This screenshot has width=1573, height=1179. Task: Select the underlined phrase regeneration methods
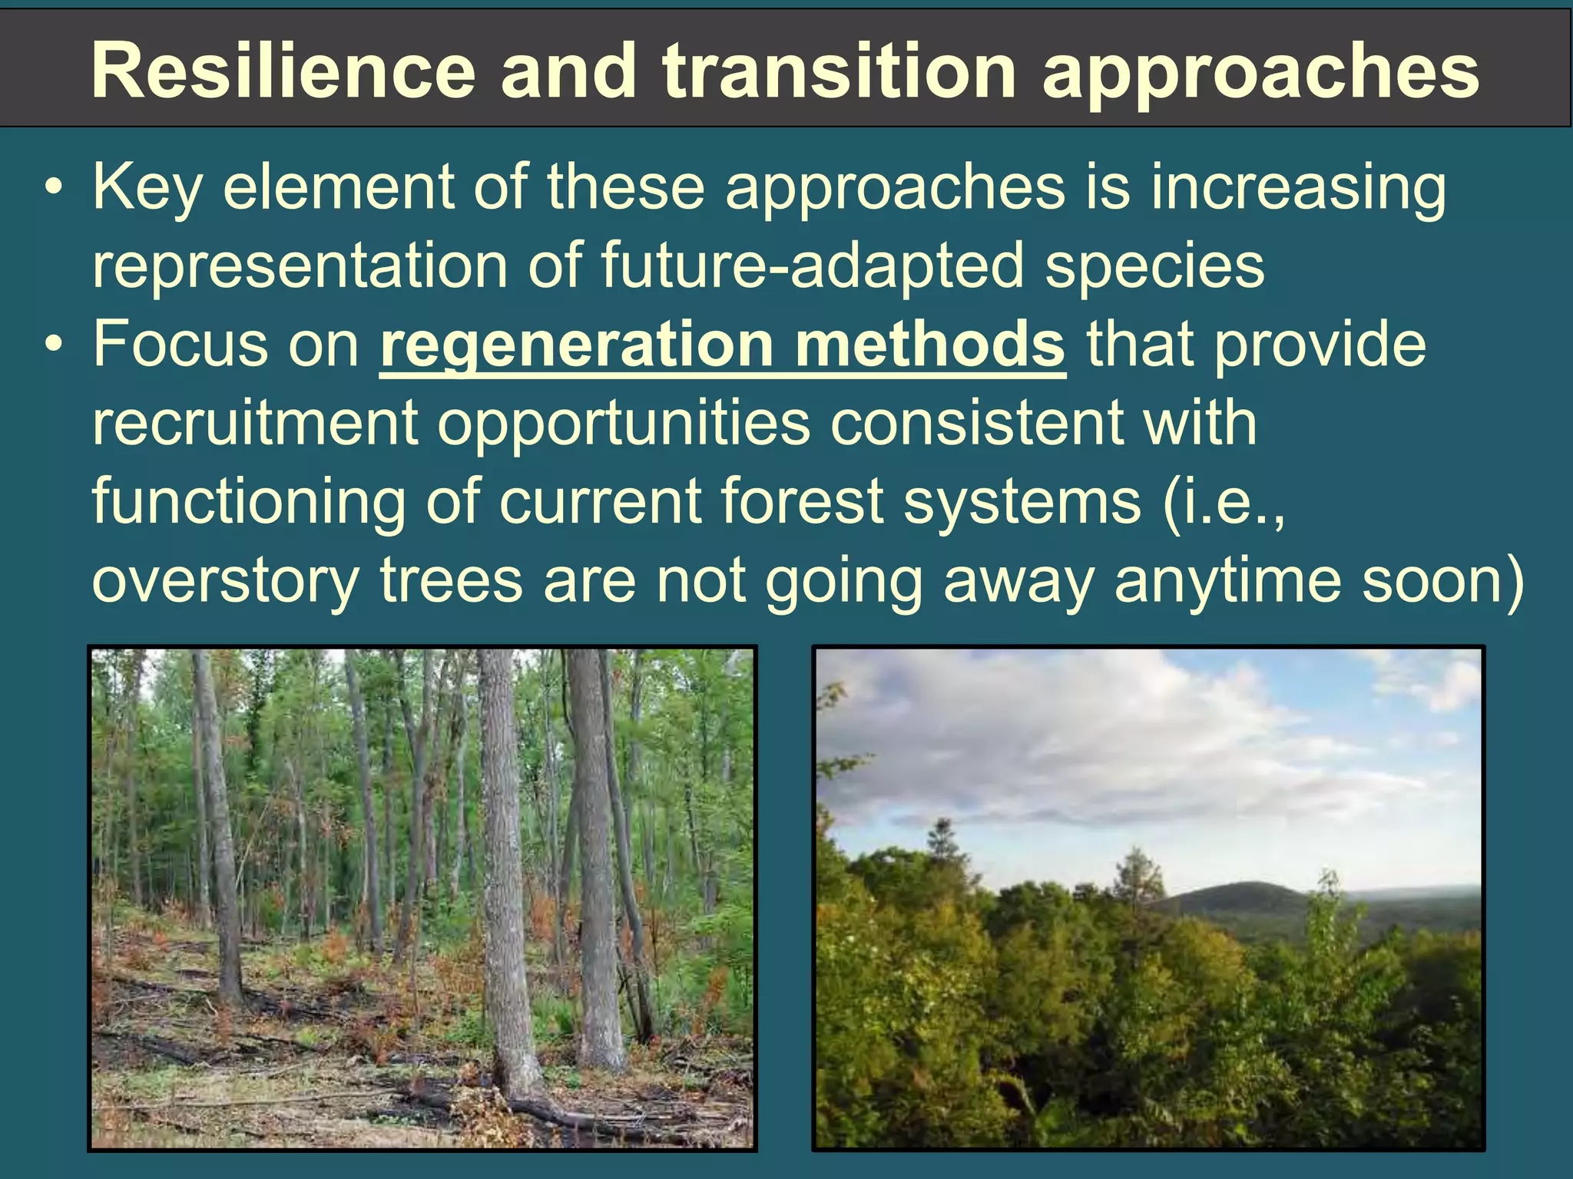(722, 345)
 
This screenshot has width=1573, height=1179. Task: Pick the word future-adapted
(813, 265)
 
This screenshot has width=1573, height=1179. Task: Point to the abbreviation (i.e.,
(1223, 501)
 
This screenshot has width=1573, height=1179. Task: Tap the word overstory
(225, 580)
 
